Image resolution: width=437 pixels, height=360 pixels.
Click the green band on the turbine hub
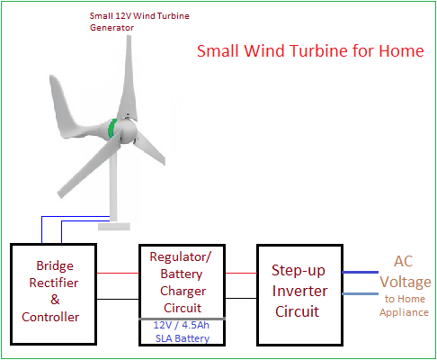pos(112,129)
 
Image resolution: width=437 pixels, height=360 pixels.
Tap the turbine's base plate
pos(114,227)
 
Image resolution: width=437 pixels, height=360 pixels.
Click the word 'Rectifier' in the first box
pos(54,283)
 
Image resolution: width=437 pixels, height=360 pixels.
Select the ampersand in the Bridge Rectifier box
pos(55,300)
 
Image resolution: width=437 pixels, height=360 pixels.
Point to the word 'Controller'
pos(50,317)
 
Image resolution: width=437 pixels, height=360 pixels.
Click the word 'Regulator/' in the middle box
pos(181,257)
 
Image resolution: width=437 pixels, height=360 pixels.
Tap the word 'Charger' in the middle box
pos(183,292)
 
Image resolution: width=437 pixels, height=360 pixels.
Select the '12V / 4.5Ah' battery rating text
pos(182,325)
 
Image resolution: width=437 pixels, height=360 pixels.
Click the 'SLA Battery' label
pos(183,338)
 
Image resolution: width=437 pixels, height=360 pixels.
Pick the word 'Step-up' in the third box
pos(299,271)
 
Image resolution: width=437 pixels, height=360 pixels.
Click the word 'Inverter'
pos(299,291)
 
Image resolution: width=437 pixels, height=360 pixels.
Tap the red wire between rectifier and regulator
pos(118,273)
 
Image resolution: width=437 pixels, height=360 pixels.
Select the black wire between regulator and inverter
pos(241,298)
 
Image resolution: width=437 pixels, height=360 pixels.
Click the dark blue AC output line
pos(361,272)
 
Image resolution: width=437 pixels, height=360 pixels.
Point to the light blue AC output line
pos(361,293)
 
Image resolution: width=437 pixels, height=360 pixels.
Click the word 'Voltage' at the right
pos(406,283)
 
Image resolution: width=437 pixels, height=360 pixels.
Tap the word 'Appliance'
pos(404,312)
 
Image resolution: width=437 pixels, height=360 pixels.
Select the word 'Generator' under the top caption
pos(111,28)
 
